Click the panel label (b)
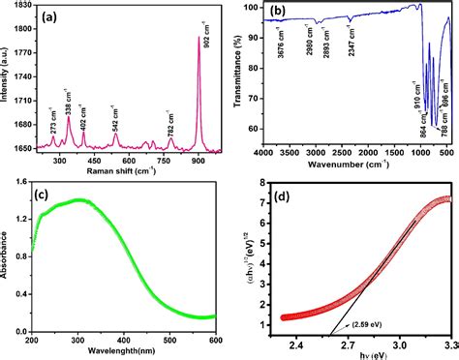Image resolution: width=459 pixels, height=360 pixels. pyautogui.click(x=271, y=16)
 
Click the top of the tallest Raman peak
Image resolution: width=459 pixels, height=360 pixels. pyautogui.click(x=199, y=38)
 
